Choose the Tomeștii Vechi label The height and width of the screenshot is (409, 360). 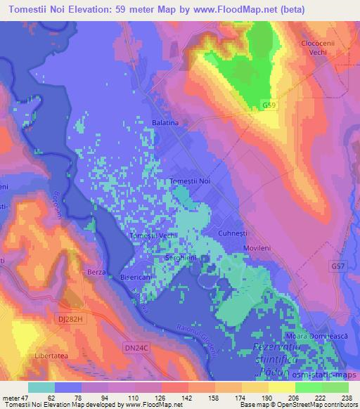[153, 235]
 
